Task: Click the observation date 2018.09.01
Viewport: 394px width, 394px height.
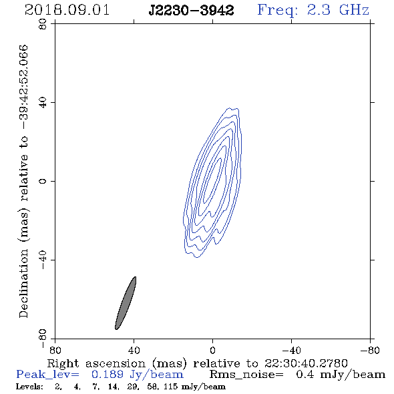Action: click(x=67, y=10)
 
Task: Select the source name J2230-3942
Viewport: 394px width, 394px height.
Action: click(x=191, y=10)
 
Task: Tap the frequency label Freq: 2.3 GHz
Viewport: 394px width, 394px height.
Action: click(x=313, y=10)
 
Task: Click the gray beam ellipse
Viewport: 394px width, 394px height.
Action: click(x=126, y=303)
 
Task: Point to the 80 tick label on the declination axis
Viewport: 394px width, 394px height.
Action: click(x=43, y=24)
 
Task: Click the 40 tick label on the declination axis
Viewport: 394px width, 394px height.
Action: click(x=43, y=103)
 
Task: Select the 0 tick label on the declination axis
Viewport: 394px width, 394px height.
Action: click(x=43, y=181)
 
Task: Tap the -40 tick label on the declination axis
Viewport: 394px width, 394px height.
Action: click(x=43, y=260)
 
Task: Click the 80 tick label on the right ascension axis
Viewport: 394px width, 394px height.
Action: click(x=55, y=350)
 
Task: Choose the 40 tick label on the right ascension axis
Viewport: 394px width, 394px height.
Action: click(x=134, y=350)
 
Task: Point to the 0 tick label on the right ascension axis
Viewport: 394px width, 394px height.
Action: click(x=212, y=350)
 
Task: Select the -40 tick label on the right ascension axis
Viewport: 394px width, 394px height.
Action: click(x=291, y=350)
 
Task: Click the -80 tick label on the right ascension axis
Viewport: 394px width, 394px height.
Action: click(x=370, y=350)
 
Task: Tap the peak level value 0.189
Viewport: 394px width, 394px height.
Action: click(x=108, y=375)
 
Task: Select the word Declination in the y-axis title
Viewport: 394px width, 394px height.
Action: click(x=23, y=284)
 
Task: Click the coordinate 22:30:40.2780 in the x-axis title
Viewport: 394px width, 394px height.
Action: click(x=306, y=363)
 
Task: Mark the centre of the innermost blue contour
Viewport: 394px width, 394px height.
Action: click(x=212, y=180)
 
